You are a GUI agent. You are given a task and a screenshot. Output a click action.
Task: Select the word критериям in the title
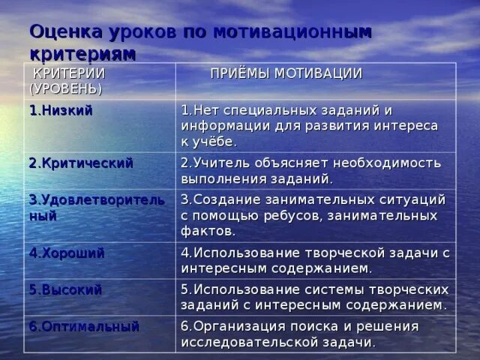83,54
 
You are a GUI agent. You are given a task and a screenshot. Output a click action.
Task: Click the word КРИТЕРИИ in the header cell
67,73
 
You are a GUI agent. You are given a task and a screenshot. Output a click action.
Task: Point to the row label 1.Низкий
61,110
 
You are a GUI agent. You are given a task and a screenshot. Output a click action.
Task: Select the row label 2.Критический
81,163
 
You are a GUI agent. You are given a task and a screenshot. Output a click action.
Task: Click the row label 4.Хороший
67,252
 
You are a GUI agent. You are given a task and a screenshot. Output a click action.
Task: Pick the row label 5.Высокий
65,289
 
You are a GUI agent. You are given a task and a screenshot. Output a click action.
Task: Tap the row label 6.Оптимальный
84,326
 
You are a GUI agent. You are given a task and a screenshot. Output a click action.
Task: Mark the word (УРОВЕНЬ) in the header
65,88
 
